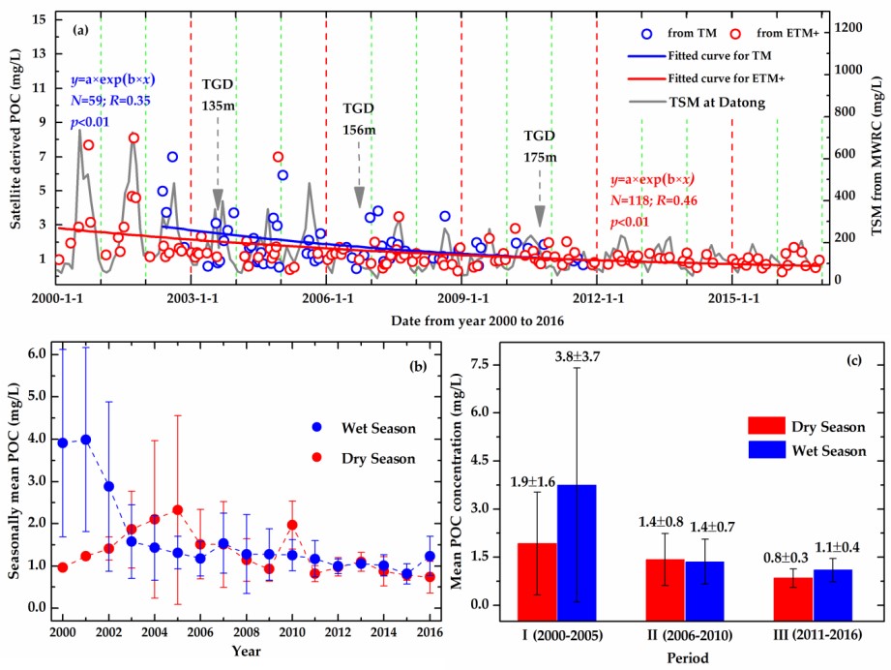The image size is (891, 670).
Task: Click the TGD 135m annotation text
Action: point(218,94)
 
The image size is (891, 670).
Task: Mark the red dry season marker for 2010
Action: point(291,525)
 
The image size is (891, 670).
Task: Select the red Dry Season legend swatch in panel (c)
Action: point(766,426)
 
